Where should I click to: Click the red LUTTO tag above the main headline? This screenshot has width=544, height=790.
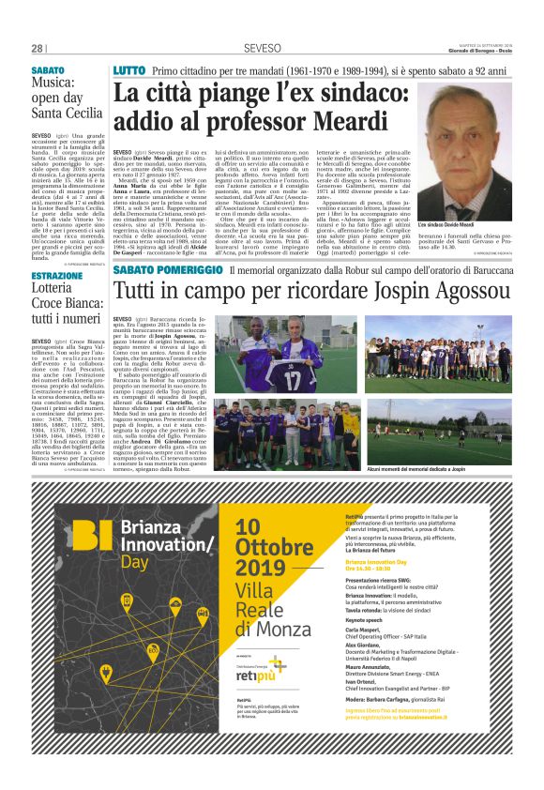coord(128,71)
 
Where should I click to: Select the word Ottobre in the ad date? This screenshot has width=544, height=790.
coord(274,547)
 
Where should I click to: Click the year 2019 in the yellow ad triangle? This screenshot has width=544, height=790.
coord(261,568)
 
